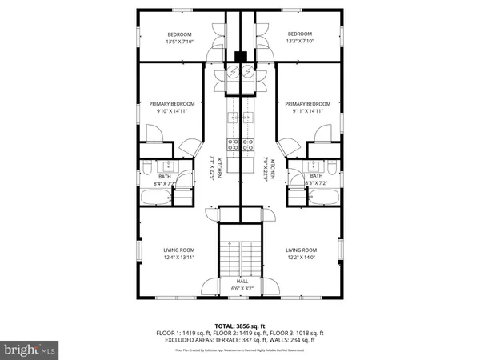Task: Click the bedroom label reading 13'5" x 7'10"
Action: click(179, 38)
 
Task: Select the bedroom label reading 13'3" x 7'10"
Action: click(300, 38)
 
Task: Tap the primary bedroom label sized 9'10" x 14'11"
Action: click(168, 107)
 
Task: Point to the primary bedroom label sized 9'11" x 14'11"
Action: click(308, 107)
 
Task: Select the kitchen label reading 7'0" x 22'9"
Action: click(269, 170)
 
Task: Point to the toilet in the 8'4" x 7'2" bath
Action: click(147, 169)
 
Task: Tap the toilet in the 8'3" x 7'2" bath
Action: click(333, 169)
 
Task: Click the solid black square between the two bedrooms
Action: click(240, 57)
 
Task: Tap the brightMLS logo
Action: click(30, 349)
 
